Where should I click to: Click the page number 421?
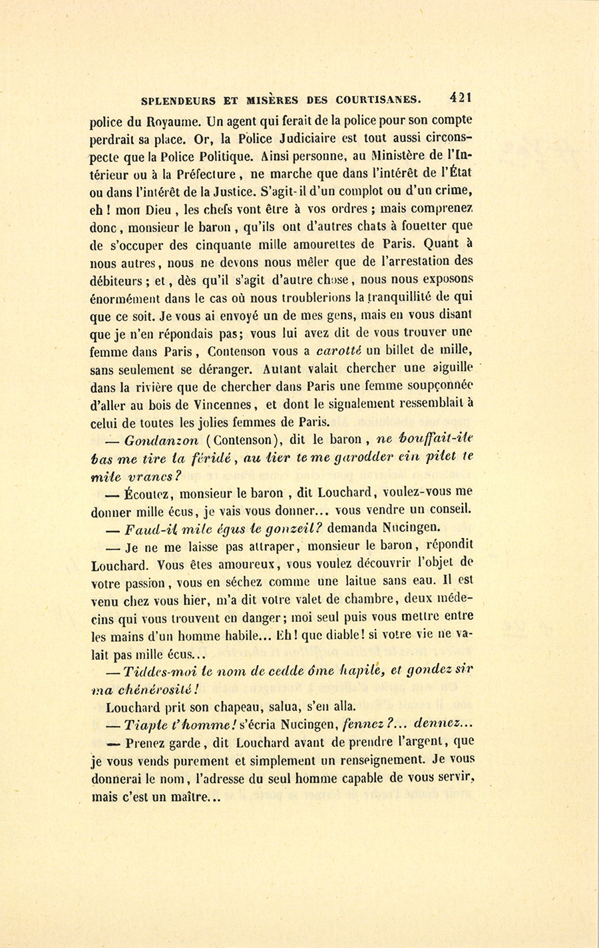coord(460,97)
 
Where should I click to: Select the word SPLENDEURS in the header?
coord(179,101)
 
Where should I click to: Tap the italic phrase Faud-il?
coord(146,529)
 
